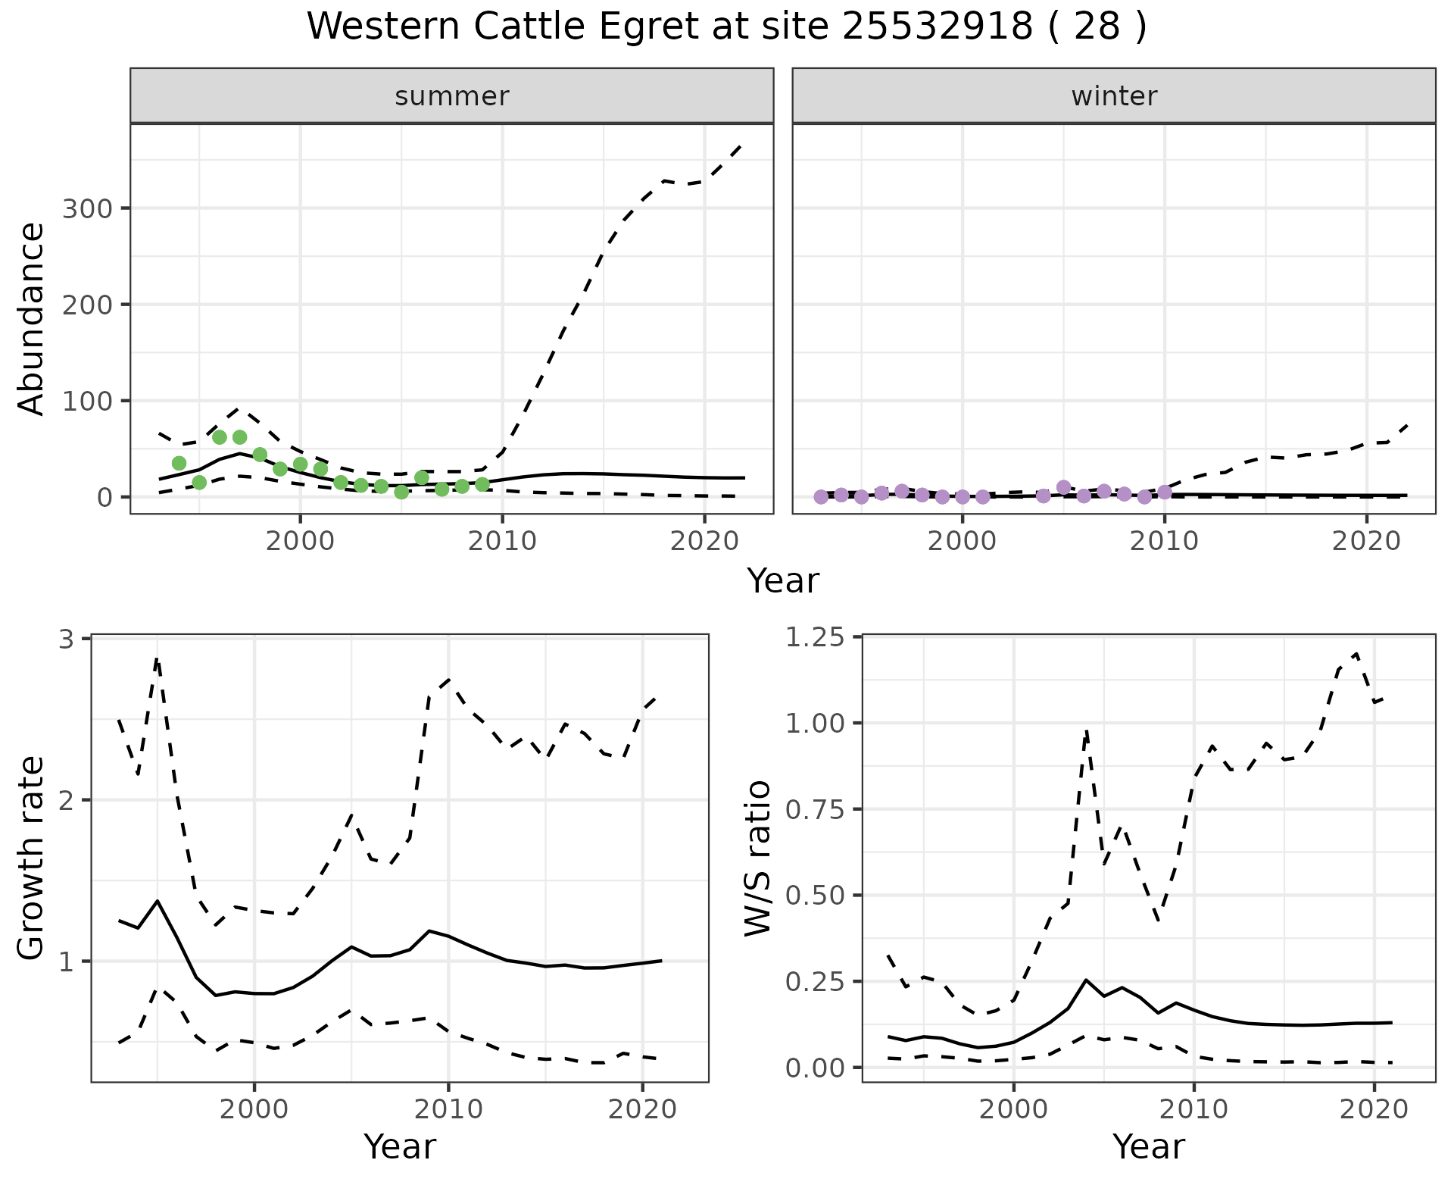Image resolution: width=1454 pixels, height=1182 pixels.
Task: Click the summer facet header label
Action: (451, 96)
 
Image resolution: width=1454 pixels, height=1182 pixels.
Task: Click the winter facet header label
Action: (1113, 96)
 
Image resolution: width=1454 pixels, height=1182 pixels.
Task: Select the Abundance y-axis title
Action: (32, 318)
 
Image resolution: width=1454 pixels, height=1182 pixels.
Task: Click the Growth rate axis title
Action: (32, 858)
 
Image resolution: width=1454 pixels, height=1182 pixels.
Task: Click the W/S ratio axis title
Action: (758, 858)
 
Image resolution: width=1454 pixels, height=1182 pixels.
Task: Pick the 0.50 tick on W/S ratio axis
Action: (814, 896)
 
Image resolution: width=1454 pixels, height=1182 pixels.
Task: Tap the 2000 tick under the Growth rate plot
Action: (254, 1109)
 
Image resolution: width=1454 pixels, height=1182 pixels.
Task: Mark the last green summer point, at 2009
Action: (482, 484)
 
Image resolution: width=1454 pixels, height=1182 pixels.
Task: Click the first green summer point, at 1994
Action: (179, 463)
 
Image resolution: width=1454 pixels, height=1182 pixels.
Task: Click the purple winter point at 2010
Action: (1165, 492)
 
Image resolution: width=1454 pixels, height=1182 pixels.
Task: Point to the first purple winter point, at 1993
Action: (821, 497)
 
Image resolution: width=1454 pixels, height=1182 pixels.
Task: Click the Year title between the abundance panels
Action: (783, 581)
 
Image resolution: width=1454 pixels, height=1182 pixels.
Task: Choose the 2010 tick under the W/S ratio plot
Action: (1193, 1109)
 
